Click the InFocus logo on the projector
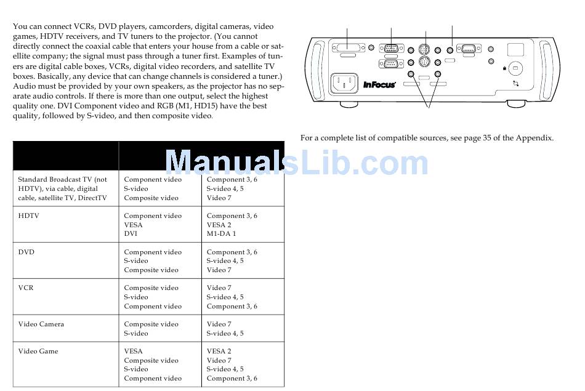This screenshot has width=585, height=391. pos(379,85)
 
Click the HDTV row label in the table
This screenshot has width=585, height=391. pos(28,216)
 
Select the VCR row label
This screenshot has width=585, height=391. pos(25,288)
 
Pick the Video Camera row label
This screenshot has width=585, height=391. pos(41,324)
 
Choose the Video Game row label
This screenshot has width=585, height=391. pos(38,352)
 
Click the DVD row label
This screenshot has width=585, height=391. pos(26,252)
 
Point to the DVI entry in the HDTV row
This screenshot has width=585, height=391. pos(130,234)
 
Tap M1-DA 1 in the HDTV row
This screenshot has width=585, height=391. pos(221,234)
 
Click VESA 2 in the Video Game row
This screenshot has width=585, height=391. pos(219,352)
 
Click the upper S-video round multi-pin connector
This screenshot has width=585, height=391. pos(423,50)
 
